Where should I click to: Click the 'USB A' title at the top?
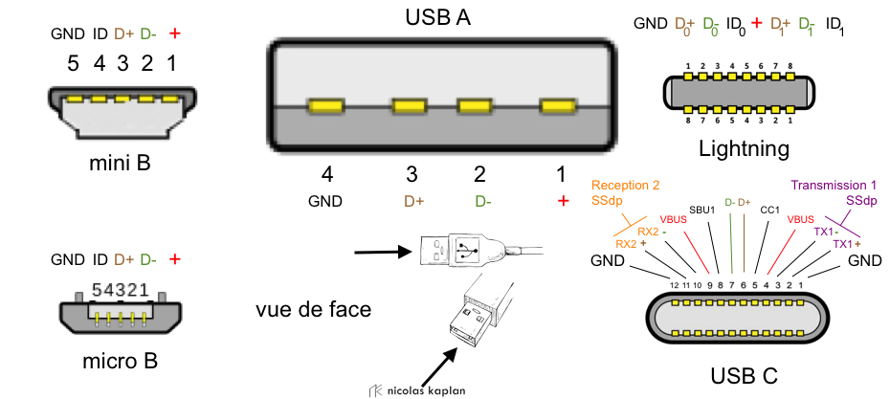point(439,17)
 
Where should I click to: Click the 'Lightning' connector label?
point(744,148)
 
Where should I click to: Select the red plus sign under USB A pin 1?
point(563,201)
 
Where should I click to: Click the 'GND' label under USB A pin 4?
point(324,202)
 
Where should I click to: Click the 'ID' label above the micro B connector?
point(100,259)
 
